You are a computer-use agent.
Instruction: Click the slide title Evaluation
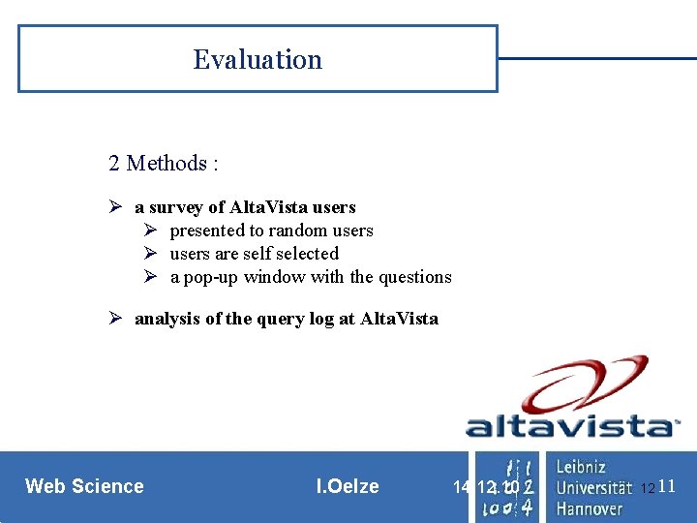(258, 60)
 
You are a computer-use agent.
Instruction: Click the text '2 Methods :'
(164, 164)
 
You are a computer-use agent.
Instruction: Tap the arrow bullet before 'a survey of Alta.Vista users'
(114, 207)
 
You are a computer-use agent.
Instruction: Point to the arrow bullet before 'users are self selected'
(150, 254)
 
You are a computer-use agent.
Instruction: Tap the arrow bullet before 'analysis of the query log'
(114, 319)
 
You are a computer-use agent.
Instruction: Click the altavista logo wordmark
(571, 426)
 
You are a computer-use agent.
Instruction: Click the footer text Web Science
(84, 486)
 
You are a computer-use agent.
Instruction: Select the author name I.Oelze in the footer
(348, 486)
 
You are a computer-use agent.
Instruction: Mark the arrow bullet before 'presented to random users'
(150, 231)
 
